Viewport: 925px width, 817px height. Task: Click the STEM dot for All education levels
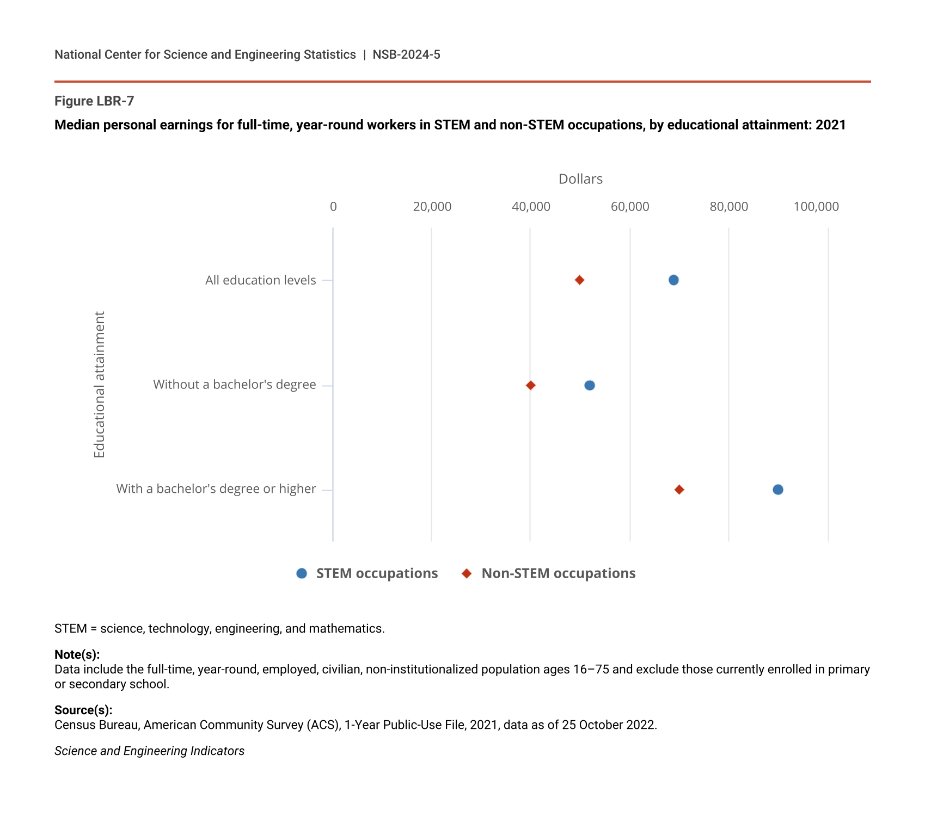pyautogui.click(x=673, y=280)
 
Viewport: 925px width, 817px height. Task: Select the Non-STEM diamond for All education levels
pyautogui.click(x=579, y=280)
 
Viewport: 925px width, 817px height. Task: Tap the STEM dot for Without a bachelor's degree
pyautogui.click(x=590, y=386)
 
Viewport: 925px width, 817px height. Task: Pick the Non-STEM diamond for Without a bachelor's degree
pyautogui.click(x=531, y=386)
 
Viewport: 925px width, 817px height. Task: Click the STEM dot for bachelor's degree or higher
pyautogui.click(x=778, y=490)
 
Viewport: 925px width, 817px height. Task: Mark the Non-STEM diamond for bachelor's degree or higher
pyautogui.click(x=679, y=490)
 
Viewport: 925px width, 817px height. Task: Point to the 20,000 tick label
pyautogui.click(x=432, y=207)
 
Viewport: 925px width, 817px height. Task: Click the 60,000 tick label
pyautogui.click(x=630, y=207)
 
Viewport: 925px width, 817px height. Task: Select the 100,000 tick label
pyautogui.click(x=816, y=207)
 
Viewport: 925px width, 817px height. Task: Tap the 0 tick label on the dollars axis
pyautogui.click(x=333, y=207)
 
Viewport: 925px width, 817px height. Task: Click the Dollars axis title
pyautogui.click(x=580, y=179)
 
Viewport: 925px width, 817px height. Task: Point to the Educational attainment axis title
pyautogui.click(x=99, y=385)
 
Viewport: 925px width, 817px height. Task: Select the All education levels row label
pyautogui.click(x=260, y=280)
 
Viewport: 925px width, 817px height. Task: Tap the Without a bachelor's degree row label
pyautogui.click(x=234, y=385)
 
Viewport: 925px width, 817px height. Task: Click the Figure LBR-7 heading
pyautogui.click(x=94, y=101)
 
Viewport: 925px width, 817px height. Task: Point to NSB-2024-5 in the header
pyautogui.click(x=406, y=54)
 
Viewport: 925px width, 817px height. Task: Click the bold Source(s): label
pyautogui.click(x=83, y=710)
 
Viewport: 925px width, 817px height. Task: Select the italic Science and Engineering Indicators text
pyautogui.click(x=149, y=751)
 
